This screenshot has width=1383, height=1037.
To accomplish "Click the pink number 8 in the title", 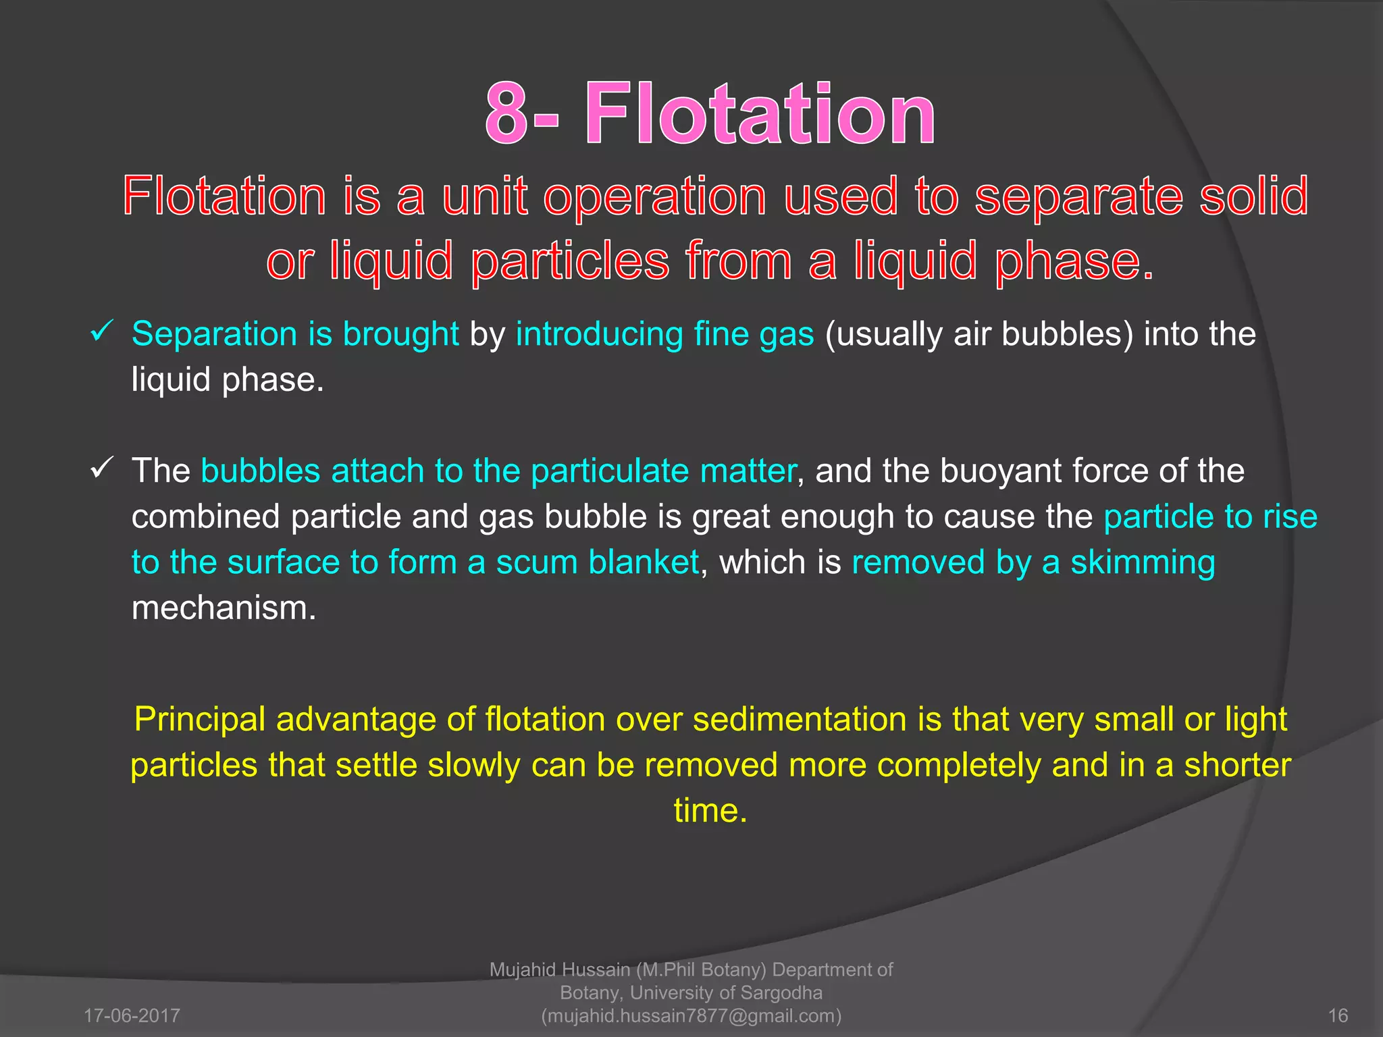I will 506,113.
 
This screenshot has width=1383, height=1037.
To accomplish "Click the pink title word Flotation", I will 760,113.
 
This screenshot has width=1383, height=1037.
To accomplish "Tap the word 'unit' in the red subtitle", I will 484,196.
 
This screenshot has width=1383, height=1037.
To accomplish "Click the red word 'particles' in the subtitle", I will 570,262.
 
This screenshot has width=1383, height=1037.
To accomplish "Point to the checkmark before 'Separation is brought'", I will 101,331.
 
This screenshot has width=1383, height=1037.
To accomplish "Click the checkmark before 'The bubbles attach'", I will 101,468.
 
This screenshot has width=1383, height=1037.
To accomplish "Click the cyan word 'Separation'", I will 214,334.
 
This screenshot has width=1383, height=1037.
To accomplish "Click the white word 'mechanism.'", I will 224,608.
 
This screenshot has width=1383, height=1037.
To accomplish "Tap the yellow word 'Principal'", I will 200,719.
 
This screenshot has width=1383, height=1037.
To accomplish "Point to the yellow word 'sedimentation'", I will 800,719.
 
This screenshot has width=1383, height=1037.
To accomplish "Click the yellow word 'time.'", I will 710,810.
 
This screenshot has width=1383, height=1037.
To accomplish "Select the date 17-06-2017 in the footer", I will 132,1015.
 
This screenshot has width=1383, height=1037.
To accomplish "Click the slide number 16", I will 1338,1015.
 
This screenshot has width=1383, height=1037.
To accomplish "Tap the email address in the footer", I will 691,1015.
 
